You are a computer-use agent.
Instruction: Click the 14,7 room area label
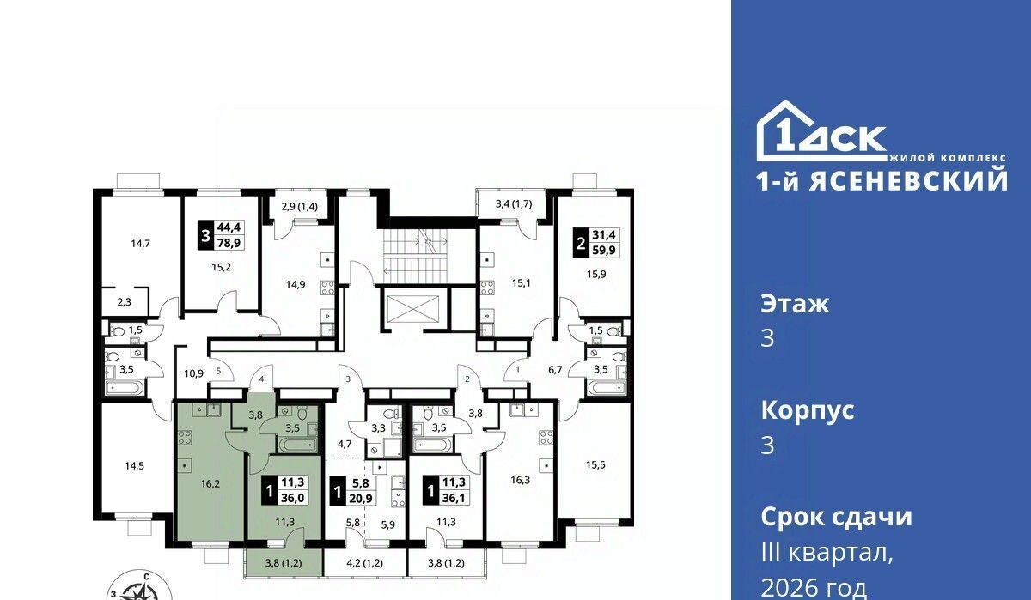click(x=140, y=244)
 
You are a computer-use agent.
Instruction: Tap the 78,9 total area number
click(x=229, y=242)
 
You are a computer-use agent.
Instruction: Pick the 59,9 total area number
click(x=604, y=250)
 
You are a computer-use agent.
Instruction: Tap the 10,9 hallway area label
click(x=194, y=373)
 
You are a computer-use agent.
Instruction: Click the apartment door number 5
click(x=218, y=370)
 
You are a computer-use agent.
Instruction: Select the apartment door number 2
click(x=467, y=379)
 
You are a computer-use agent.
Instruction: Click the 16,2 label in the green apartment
click(x=210, y=483)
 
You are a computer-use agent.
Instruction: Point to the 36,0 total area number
click(x=293, y=498)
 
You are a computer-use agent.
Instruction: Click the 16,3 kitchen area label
click(x=520, y=481)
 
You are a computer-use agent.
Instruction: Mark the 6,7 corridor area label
click(x=555, y=370)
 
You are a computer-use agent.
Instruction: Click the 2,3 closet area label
click(x=124, y=302)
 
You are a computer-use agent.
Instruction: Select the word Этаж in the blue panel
click(x=795, y=304)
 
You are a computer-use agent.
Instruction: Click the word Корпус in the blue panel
click(x=808, y=410)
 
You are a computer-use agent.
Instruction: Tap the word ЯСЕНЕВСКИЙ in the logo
click(x=909, y=181)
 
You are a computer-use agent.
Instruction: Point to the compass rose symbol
click(x=140, y=587)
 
